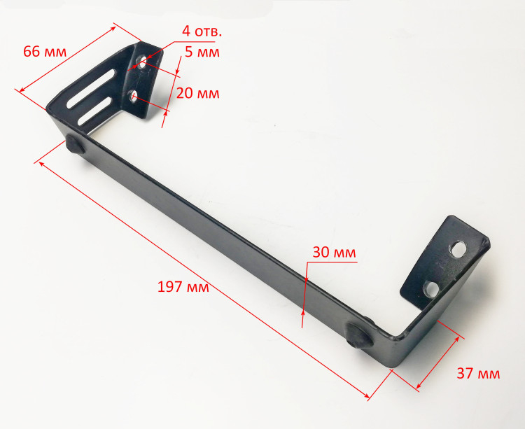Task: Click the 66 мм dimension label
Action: tap(45, 52)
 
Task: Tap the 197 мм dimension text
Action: tap(183, 287)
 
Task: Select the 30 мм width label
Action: tap(334, 253)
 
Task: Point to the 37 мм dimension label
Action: tap(478, 373)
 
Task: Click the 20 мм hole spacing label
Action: tap(197, 93)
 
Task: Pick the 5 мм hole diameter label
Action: tap(202, 52)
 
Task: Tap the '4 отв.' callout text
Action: tap(202, 31)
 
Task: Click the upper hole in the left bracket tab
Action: tap(142, 62)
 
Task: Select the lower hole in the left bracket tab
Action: tap(133, 95)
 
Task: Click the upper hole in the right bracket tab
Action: tap(458, 249)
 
